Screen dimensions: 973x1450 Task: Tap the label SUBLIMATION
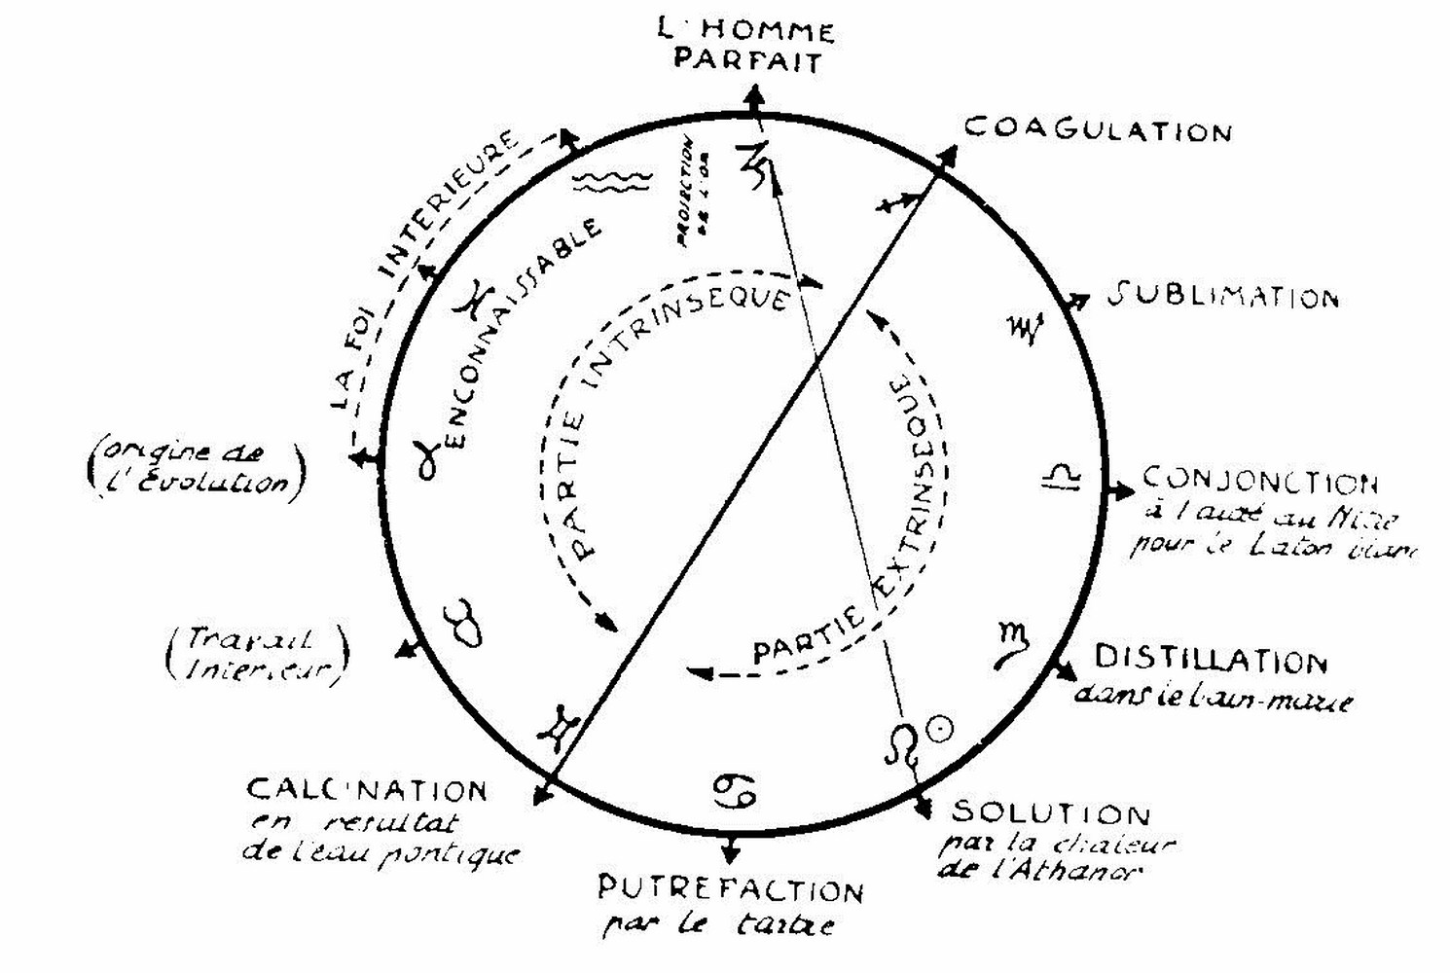[1223, 296]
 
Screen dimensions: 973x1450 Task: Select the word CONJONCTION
[1259, 482]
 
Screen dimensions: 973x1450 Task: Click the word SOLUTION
[1050, 811]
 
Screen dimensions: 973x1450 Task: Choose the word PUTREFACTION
[730, 889]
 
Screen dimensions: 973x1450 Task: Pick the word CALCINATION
[367, 789]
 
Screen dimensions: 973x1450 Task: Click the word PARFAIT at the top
[747, 60]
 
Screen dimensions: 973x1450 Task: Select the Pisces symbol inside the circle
[477, 298]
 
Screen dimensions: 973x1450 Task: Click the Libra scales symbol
[1062, 476]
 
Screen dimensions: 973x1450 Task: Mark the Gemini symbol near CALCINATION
[563, 726]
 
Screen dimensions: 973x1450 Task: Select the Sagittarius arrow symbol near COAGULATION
[896, 202]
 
